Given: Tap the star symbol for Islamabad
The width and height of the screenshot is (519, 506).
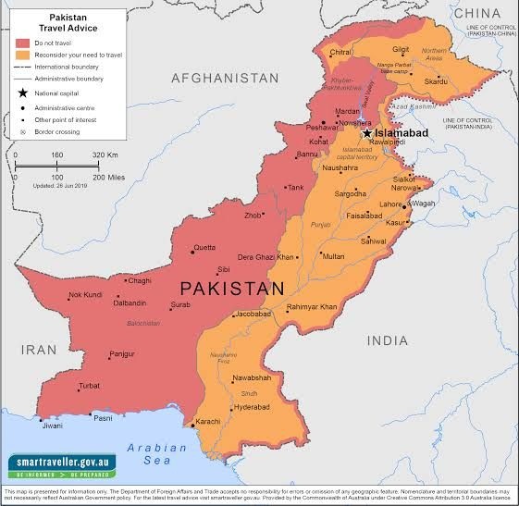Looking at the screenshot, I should (x=366, y=132).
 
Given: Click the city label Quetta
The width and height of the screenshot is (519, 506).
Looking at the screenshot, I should (x=204, y=247).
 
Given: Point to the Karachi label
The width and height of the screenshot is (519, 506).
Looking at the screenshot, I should (x=233, y=421).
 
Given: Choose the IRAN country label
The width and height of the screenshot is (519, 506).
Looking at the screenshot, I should (x=41, y=350).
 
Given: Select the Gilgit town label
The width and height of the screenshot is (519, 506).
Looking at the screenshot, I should (x=400, y=50).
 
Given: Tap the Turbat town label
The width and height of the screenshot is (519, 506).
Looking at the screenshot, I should (x=89, y=386).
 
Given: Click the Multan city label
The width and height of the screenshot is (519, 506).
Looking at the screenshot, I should (x=333, y=256).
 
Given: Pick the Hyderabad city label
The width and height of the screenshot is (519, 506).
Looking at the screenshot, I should (x=252, y=406).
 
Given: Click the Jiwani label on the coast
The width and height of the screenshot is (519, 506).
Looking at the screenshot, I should (x=54, y=426).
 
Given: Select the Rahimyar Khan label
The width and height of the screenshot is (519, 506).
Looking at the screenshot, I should (x=311, y=306).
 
